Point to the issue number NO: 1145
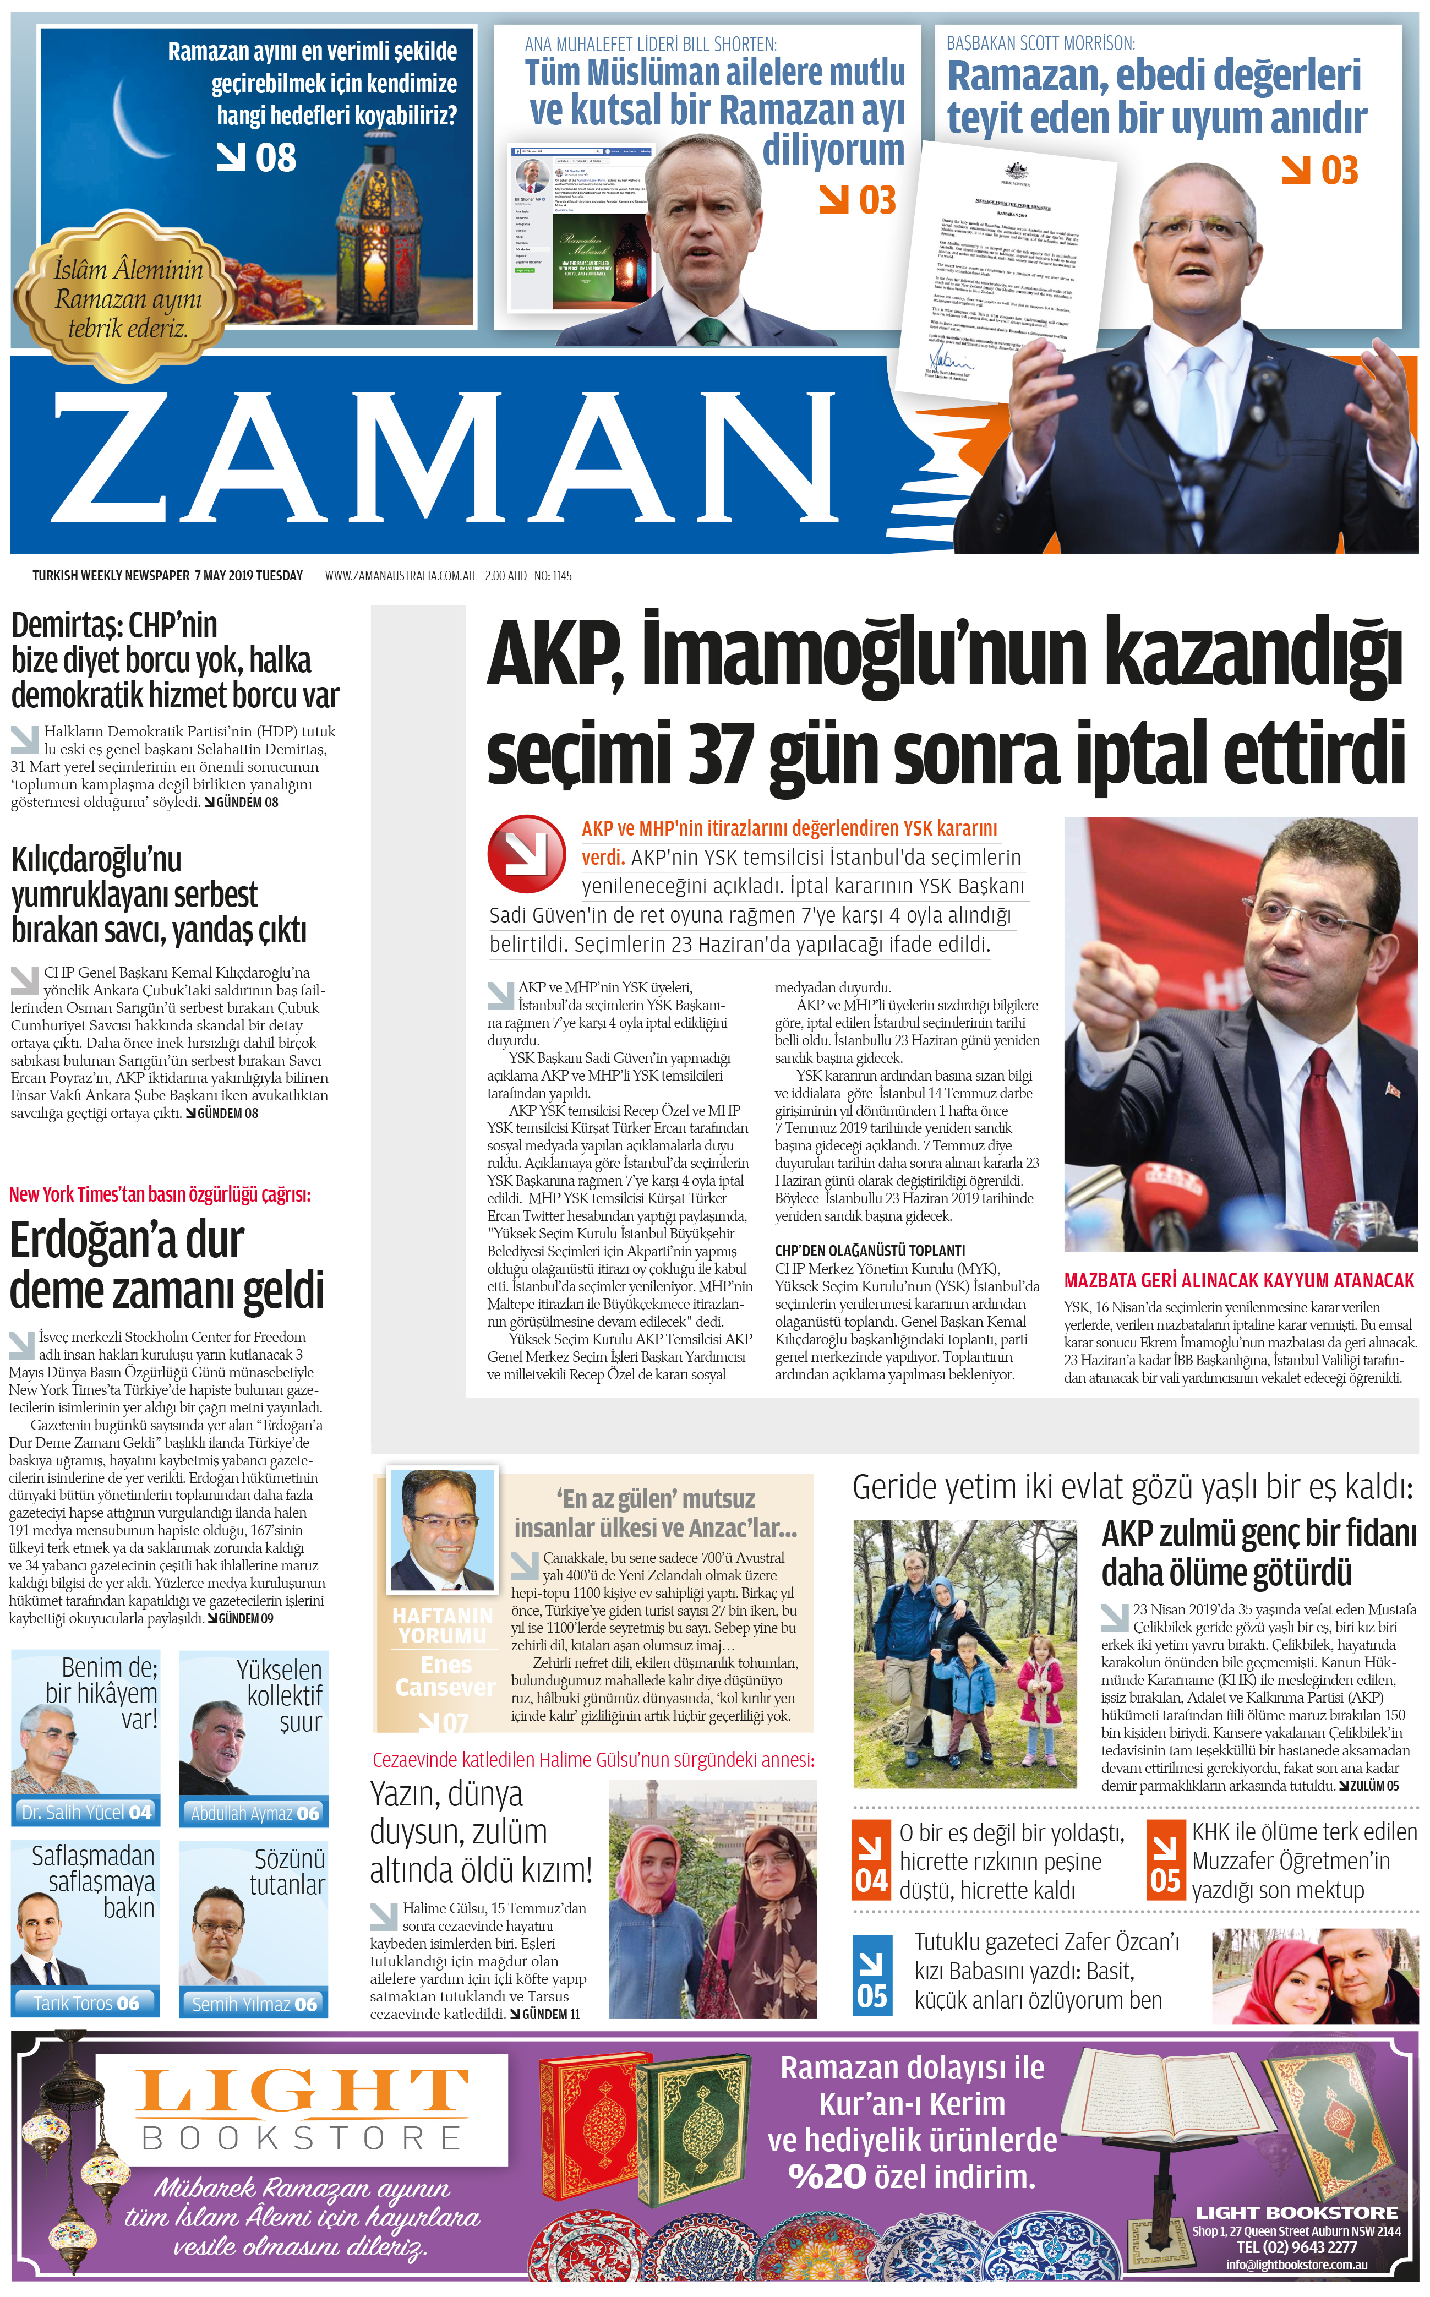pos(553,575)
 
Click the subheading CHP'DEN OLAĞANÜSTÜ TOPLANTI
pos(869,1250)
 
